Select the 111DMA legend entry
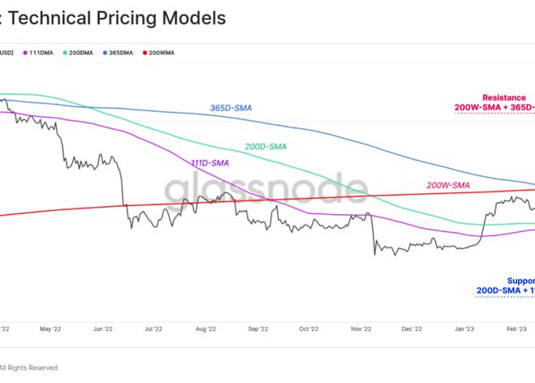coord(41,53)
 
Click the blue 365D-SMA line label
coord(230,108)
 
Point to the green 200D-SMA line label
coord(266,147)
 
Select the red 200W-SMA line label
coord(448,185)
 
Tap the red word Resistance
coord(503,97)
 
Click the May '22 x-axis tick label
coord(49,329)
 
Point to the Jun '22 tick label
coord(102,329)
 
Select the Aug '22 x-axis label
coord(205,329)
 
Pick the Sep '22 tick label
coord(257,329)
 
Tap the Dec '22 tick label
coord(411,329)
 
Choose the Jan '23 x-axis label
coord(464,329)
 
